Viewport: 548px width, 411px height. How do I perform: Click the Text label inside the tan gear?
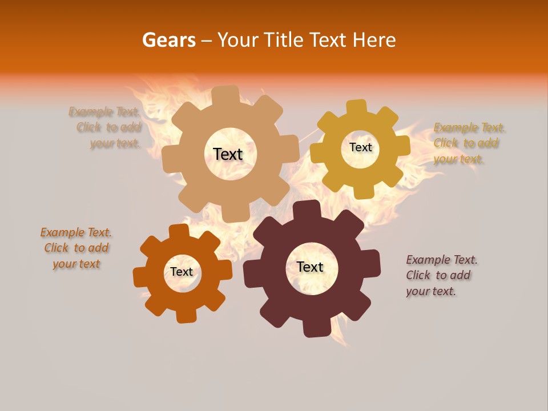click(228, 154)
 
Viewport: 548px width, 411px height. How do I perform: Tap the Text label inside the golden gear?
click(360, 147)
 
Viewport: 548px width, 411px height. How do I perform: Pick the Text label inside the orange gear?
click(182, 272)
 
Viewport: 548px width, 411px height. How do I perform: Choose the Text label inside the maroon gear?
click(310, 267)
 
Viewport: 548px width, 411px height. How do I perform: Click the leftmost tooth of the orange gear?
click(140, 277)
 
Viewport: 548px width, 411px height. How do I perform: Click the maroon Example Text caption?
click(441, 275)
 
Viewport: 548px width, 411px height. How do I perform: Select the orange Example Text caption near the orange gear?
click(76, 248)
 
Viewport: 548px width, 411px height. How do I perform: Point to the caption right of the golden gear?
click(469, 143)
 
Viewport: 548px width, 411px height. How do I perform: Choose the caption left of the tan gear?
click(106, 127)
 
